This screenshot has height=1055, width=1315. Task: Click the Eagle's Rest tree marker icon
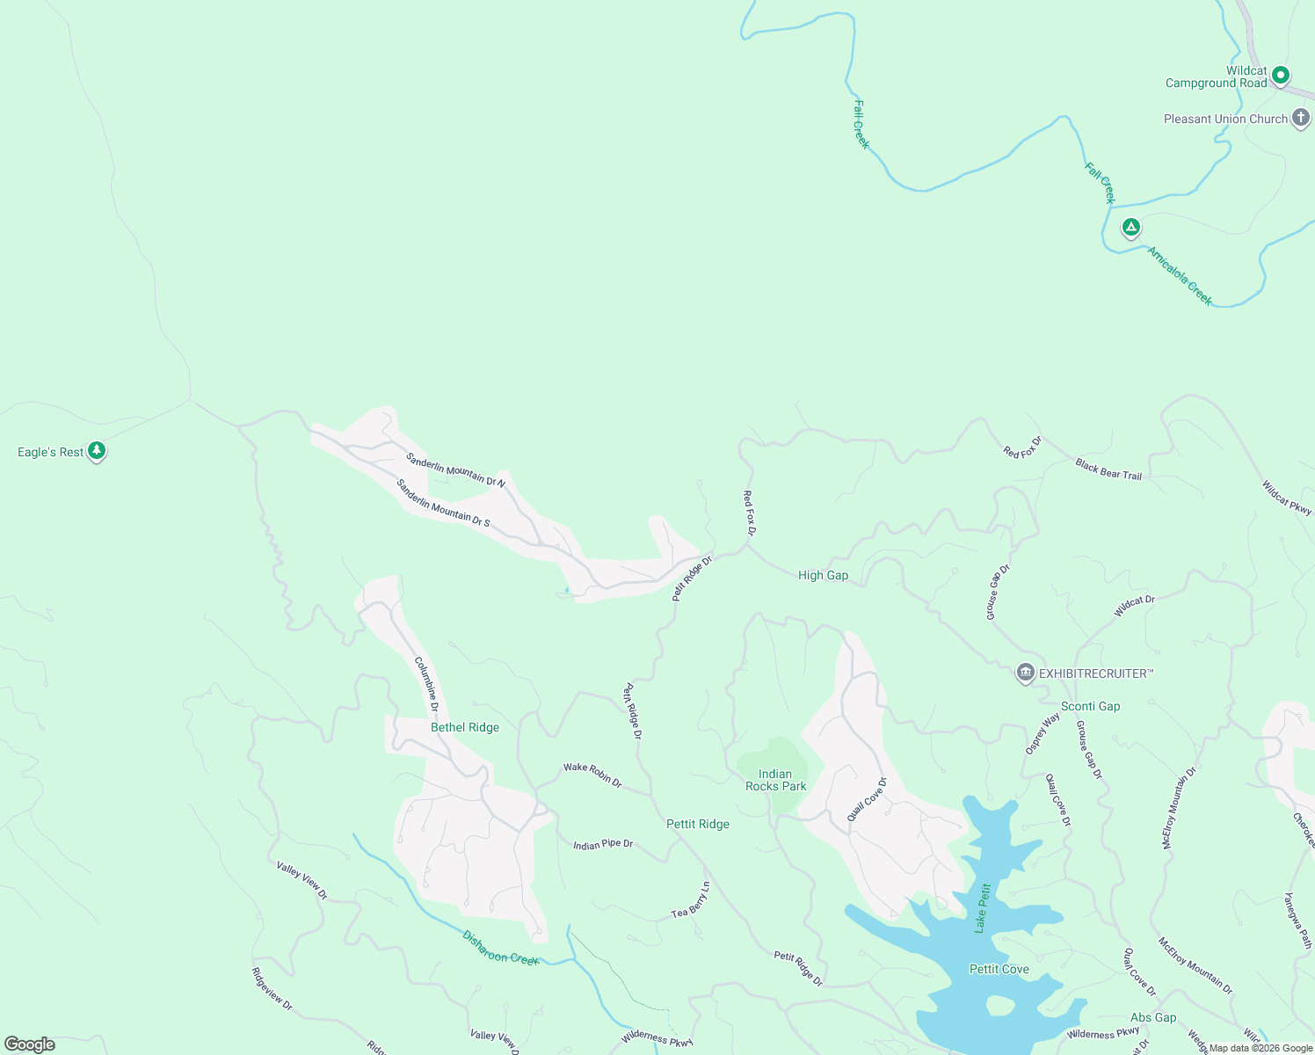click(97, 451)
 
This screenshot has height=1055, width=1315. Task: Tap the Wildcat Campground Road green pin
click(1281, 76)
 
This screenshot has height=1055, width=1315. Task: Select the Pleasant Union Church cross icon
click(1301, 119)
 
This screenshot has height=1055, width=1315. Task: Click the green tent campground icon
click(1131, 228)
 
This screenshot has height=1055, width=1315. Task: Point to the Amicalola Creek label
click(1180, 276)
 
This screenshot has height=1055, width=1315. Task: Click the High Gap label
click(823, 575)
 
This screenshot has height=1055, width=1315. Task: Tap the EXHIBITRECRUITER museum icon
click(1025, 673)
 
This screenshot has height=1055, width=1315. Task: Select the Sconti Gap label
click(1090, 706)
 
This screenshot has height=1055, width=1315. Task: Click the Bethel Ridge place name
click(465, 727)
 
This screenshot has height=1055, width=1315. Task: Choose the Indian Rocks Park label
click(775, 780)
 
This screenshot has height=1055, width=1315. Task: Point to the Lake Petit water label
click(982, 908)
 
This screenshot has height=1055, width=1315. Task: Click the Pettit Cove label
click(999, 969)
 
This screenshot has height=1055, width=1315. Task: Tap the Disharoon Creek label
click(500, 948)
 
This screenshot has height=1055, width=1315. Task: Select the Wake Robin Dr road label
click(592, 774)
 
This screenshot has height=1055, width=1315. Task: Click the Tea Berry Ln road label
click(691, 901)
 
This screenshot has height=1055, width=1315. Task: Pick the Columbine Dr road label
click(426, 684)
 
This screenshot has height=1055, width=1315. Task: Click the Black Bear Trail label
click(1108, 469)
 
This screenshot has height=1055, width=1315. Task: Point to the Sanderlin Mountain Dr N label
click(455, 469)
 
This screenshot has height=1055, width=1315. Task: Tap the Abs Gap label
click(1153, 1017)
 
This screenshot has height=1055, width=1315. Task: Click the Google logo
click(29, 1044)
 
